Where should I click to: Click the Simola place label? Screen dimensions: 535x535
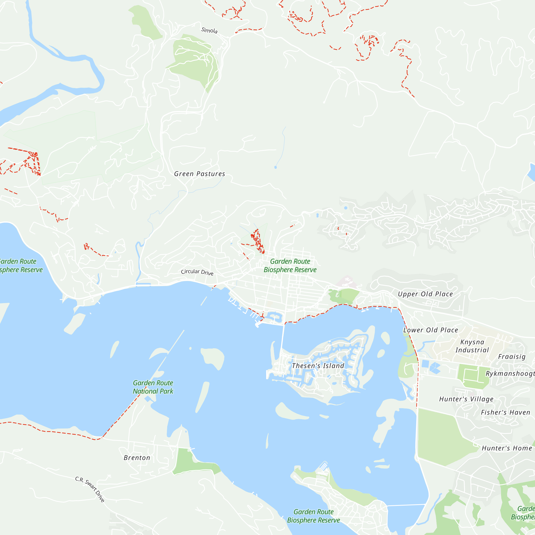[209, 30]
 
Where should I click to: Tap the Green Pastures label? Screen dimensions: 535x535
[199, 174]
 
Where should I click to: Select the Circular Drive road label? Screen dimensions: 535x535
[197, 272]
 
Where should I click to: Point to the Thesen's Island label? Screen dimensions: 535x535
[318, 366]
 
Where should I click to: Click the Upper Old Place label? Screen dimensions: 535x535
[425, 294]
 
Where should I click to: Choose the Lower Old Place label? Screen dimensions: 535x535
[431, 330]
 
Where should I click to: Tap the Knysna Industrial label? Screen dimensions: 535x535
[472, 346]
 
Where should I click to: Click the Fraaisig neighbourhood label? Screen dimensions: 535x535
[512, 357]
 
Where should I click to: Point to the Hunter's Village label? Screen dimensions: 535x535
[466, 399]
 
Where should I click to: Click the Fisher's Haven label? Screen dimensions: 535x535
[505, 412]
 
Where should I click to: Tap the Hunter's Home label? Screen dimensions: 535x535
[507, 448]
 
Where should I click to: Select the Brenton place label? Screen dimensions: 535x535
[137, 458]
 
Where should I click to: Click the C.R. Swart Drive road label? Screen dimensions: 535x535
[90, 489]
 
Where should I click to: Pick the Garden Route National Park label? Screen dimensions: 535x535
[153, 387]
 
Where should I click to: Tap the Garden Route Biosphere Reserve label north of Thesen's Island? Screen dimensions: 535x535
[290, 266]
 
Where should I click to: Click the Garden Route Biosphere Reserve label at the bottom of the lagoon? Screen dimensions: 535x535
[314, 516]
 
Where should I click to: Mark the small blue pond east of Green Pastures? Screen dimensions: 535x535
[275, 167]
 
